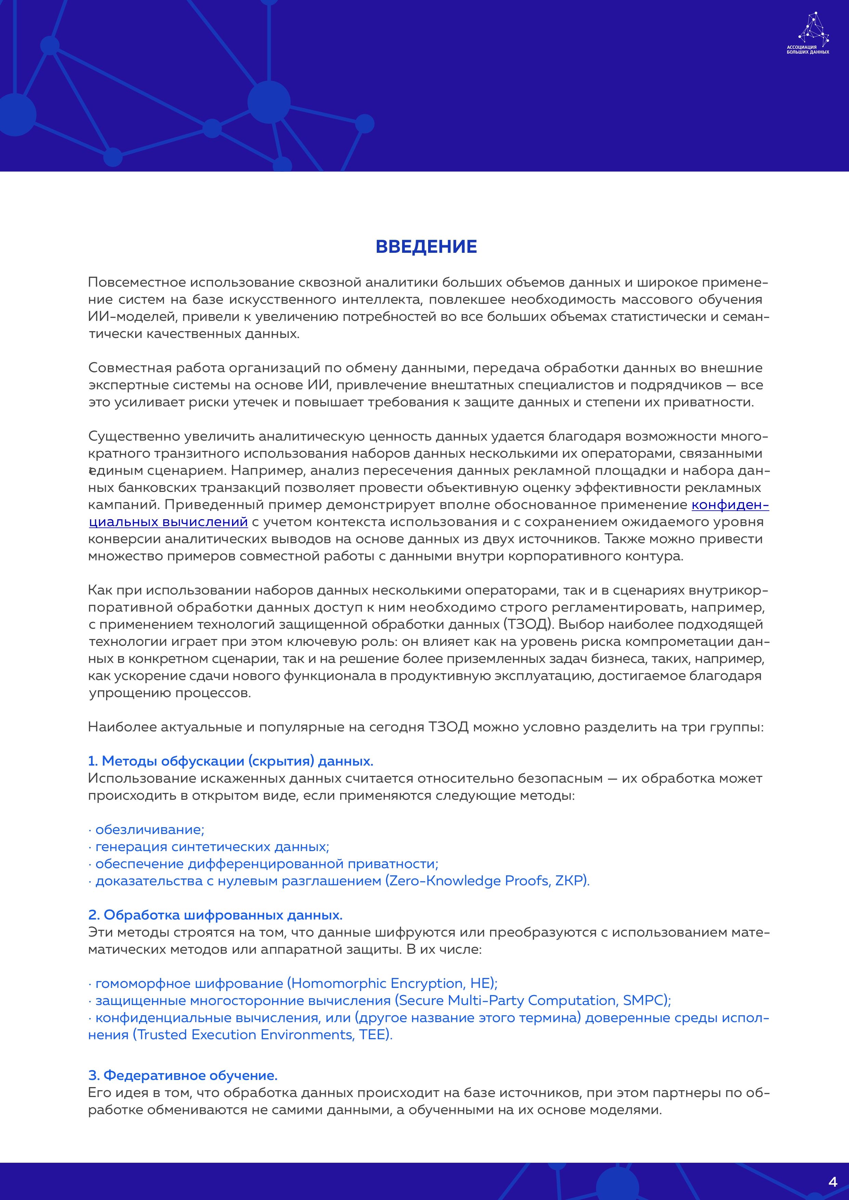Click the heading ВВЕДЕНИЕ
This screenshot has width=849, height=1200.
(426, 247)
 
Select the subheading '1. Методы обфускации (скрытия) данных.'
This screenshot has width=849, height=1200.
(231, 761)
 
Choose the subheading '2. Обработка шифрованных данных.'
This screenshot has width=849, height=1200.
(215, 915)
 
